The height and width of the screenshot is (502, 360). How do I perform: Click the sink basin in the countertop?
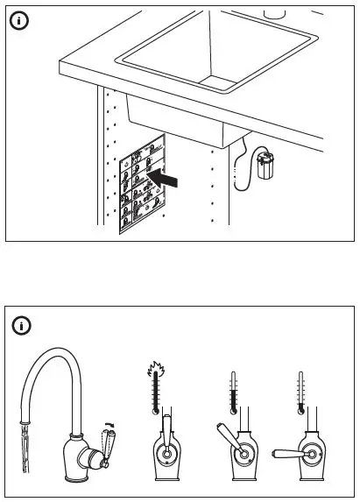tap(217, 53)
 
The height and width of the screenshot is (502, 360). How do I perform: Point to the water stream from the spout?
tap(24, 451)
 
